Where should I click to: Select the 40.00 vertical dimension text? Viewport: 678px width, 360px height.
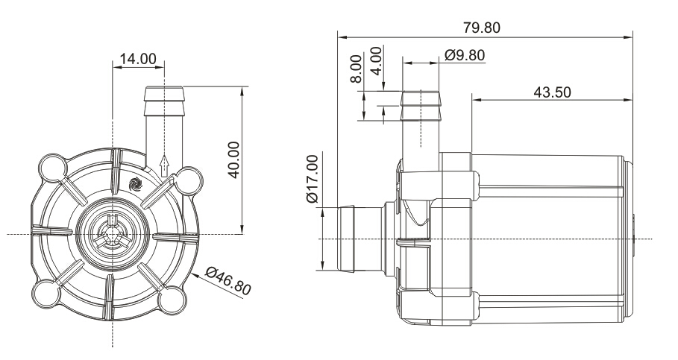click(x=233, y=159)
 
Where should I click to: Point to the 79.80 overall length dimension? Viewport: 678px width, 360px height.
click(x=482, y=28)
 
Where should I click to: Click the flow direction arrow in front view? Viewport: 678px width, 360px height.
click(x=164, y=165)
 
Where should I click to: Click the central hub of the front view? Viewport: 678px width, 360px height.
click(x=112, y=234)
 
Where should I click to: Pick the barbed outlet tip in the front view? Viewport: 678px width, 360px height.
click(x=163, y=98)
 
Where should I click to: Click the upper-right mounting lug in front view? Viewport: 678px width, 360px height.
click(x=188, y=179)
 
